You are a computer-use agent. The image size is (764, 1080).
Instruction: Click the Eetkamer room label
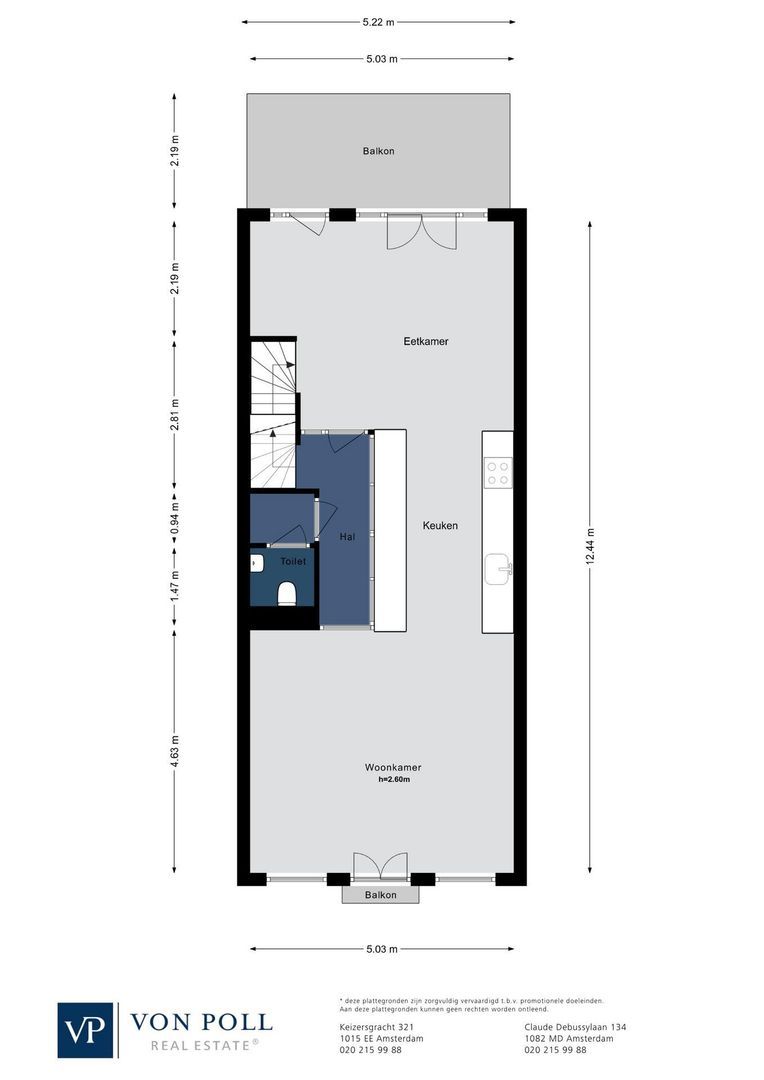tap(425, 341)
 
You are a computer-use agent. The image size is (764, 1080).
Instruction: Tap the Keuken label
tap(440, 525)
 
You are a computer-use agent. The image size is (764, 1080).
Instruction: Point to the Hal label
tap(347, 537)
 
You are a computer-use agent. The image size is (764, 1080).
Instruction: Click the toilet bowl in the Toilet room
tap(287, 594)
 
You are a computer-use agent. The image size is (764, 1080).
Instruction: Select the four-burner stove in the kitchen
tap(498, 472)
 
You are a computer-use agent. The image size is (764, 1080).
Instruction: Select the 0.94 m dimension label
tap(175, 513)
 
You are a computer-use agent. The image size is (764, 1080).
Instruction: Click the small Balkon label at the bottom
tap(380, 895)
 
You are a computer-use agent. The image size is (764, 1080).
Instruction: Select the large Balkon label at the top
tap(378, 151)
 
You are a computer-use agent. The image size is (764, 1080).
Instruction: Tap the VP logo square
tap(86, 1030)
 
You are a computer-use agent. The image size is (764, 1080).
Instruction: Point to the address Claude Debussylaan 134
tap(574, 1027)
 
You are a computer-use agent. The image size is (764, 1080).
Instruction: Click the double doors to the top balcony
tap(421, 232)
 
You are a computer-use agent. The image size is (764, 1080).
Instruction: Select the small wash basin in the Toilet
tap(256, 563)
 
